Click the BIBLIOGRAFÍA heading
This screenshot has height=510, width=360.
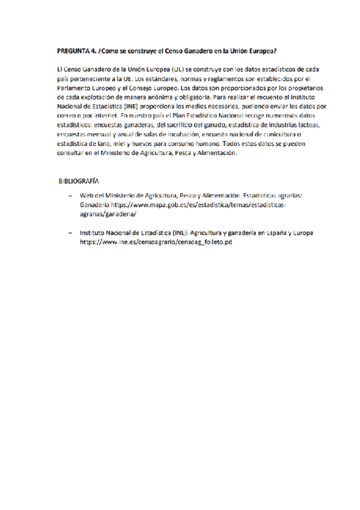[79, 180]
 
